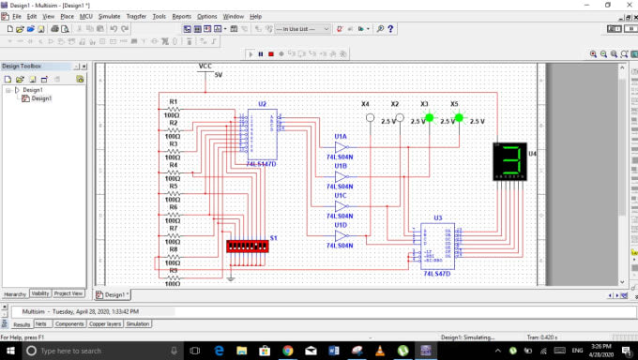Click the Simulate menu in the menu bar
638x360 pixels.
click(109, 16)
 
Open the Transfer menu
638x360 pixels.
click(136, 16)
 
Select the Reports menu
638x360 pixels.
click(181, 16)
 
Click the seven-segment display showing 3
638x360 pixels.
click(510, 161)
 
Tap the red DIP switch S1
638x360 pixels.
click(248, 245)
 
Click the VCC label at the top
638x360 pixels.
click(205, 66)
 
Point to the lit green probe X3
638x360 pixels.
click(430, 119)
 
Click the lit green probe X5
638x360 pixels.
click(459, 119)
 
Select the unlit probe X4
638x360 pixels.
click(371, 119)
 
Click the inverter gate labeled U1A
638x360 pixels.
click(342, 146)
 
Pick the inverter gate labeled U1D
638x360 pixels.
click(342, 235)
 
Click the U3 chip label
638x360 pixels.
click(437, 217)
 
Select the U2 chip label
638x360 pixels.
click(262, 103)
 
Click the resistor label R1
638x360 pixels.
click(173, 101)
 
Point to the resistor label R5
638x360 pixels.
click(173, 187)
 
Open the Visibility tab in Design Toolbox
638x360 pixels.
click(40, 293)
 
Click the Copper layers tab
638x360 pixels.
click(105, 324)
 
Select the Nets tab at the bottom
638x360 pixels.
click(41, 324)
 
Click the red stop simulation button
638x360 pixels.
click(271, 54)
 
